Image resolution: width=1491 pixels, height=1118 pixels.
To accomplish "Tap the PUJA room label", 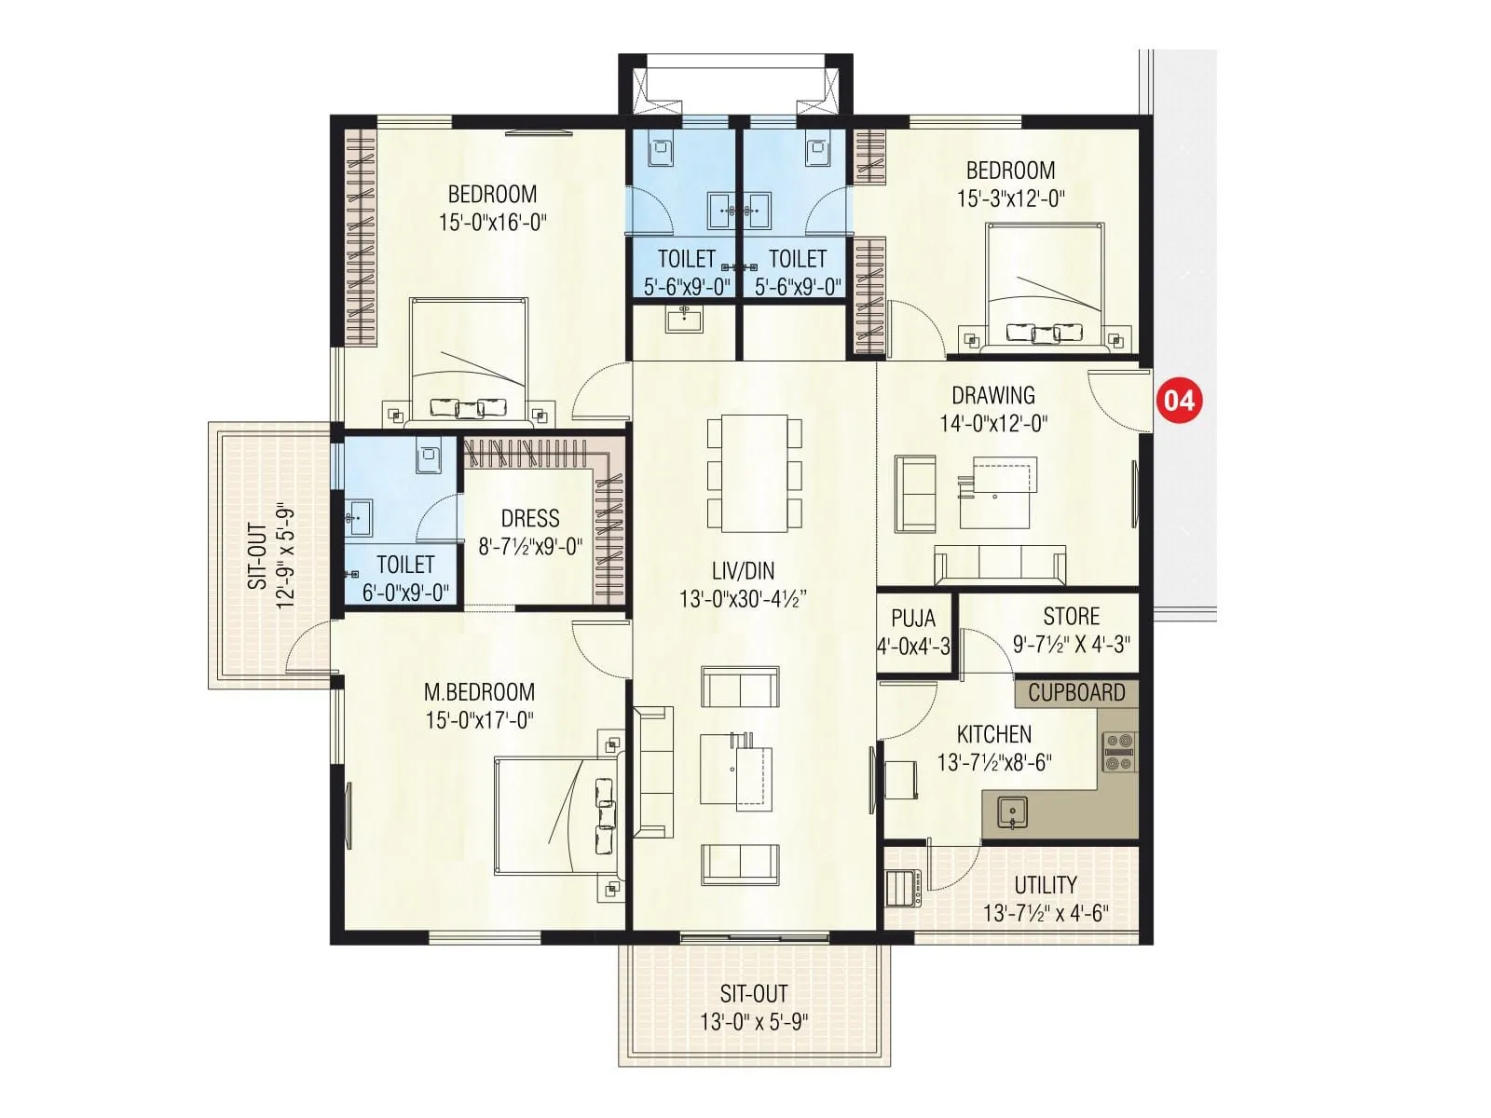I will [x=913, y=619].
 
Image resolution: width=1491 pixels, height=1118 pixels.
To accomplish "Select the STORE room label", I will [x=1071, y=616].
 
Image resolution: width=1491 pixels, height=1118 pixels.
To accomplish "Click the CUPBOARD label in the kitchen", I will [x=1076, y=692].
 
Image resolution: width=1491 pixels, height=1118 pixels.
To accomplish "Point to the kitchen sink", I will [x=1012, y=812].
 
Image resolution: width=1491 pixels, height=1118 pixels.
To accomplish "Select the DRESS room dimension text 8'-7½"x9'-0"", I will [x=530, y=547].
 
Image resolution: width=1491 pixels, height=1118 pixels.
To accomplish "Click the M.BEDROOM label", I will [x=479, y=692].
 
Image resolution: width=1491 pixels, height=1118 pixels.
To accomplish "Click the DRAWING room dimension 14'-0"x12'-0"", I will [x=993, y=424].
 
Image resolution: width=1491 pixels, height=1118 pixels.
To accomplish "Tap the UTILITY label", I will [x=1046, y=884].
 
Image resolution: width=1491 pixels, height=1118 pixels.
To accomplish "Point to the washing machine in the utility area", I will [x=902, y=888].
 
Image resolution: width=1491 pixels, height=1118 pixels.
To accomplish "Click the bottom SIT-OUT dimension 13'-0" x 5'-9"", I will [x=754, y=1022].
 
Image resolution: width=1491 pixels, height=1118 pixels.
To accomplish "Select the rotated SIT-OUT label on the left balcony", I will [x=257, y=556].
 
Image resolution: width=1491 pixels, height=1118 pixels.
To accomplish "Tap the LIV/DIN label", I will [x=743, y=571].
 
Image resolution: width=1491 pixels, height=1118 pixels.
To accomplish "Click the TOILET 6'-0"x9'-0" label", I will [x=405, y=578].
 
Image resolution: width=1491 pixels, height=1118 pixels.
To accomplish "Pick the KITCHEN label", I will [x=993, y=734].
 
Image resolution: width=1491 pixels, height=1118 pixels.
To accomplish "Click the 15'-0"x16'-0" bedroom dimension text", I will [x=492, y=223].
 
